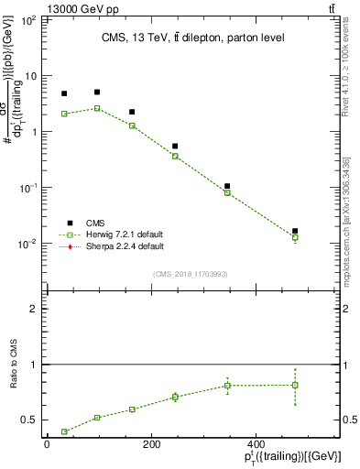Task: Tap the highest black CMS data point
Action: [97, 93]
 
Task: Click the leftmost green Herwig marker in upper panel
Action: [64, 114]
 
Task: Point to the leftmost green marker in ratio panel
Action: [64, 431]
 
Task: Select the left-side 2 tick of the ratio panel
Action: [36, 309]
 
